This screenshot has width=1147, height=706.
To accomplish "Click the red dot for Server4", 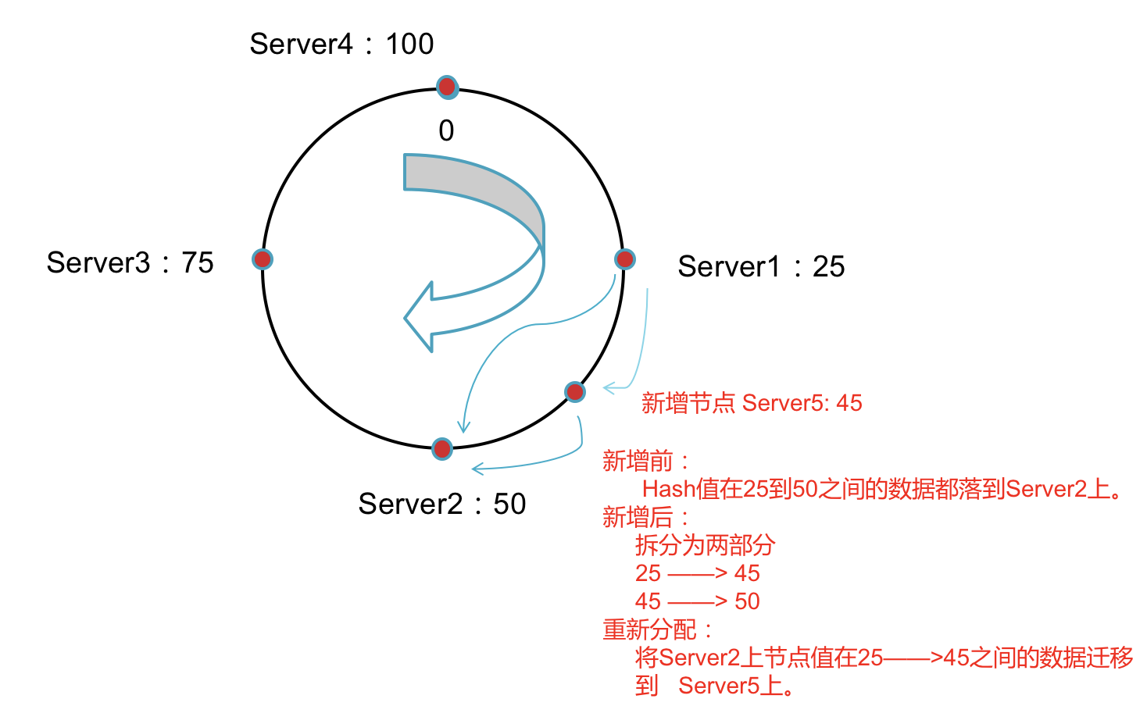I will (447, 87).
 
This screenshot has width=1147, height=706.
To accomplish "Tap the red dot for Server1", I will (624, 259).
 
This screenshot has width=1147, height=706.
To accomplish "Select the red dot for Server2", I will (442, 448).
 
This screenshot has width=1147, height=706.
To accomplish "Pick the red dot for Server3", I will (263, 259).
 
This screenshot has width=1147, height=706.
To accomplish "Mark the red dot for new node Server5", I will (575, 392).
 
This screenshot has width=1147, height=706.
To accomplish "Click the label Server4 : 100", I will (341, 45).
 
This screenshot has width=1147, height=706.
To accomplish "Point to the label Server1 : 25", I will (761, 267).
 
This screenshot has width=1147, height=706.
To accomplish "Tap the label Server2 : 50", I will (441, 505).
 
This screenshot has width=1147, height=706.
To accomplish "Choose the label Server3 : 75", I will (130, 263).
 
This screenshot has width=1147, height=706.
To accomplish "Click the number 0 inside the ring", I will (446, 130).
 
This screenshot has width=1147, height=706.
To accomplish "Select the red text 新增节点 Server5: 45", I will (752, 403).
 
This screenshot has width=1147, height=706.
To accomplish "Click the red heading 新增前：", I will (645, 462).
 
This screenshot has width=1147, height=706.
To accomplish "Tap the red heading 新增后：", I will (645, 517).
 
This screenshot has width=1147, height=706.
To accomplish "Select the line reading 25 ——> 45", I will (697, 573).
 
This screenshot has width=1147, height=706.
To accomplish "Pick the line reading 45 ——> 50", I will (697, 601).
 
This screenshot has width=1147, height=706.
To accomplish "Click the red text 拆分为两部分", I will (705, 545).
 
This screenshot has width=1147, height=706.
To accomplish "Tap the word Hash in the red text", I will (668, 490).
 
